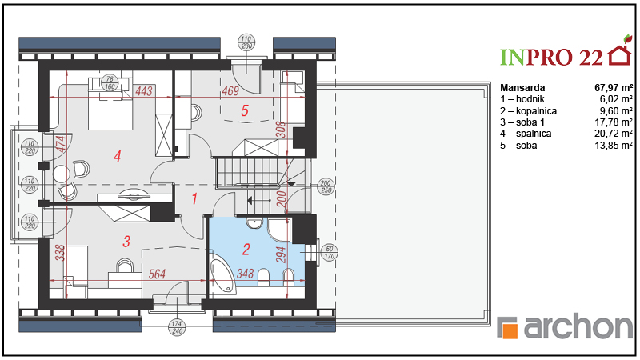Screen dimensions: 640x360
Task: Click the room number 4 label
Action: [x=118, y=156]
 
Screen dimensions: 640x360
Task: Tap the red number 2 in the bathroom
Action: [x=246, y=249]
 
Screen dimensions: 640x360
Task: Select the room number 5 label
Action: [x=245, y=110]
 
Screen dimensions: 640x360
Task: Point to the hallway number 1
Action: [x=194, y=198]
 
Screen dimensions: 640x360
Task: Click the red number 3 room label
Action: [x=126, y=242]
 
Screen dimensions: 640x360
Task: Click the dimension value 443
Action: [x=144, y=90]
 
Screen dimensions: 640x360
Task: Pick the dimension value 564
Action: [x=157, y=274]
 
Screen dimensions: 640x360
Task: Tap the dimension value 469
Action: [x=230, y=90]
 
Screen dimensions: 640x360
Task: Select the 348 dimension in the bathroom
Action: [x=245, y=274]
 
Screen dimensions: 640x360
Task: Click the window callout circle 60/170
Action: [x=330, y=253]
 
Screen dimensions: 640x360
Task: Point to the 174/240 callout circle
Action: [x=176, y=327]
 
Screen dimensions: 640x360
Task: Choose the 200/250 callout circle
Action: [x=326, y=186]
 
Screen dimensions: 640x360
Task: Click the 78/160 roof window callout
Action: [x=110, y=83]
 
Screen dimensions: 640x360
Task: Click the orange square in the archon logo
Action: [x=510, y=330]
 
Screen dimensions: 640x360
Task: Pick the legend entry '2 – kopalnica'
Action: [x=529, y=110]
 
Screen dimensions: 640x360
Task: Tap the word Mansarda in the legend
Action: [x=522, y=87]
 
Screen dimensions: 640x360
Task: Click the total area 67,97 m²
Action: [x=614, y=87]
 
